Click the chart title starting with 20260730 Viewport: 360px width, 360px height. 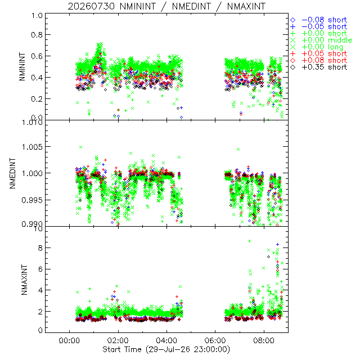[x=166, y=6]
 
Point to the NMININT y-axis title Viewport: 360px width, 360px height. [x=22, y=66]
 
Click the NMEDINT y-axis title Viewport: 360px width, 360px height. [x=12, y=173]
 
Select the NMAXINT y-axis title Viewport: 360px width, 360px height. [x=24, y=280]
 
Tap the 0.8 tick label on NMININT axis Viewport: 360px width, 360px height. [x=37, y=35]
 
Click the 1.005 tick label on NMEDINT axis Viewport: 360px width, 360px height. [x=32, y=147]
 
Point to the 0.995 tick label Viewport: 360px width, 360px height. [x=32, y=200]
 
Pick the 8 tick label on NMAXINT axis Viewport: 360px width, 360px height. [x=40, y=248]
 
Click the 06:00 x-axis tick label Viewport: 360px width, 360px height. [x=215, y=340]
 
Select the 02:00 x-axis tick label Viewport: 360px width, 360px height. [x=118, y=340]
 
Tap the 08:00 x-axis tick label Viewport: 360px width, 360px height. [x=264, y=340]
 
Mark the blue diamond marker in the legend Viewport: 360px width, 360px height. [x=292, y=20]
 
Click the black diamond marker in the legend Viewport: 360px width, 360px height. [x=292, y=67]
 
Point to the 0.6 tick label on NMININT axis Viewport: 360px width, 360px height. [x=37, y=56]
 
